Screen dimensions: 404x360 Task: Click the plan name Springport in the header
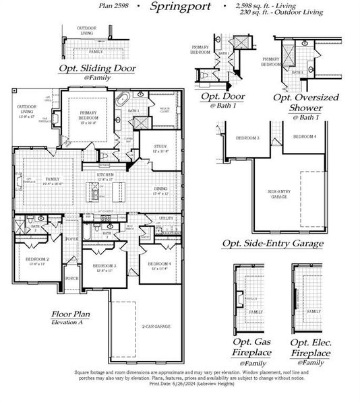coord(181,7)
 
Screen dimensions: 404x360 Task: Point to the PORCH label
coord(72,278)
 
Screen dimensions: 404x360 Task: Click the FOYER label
coord(72,239)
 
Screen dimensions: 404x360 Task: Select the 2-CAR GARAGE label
coord(155,327)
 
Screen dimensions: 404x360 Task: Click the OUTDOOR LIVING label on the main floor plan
coord(27,108)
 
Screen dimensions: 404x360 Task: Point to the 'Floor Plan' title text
coord(70,314)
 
